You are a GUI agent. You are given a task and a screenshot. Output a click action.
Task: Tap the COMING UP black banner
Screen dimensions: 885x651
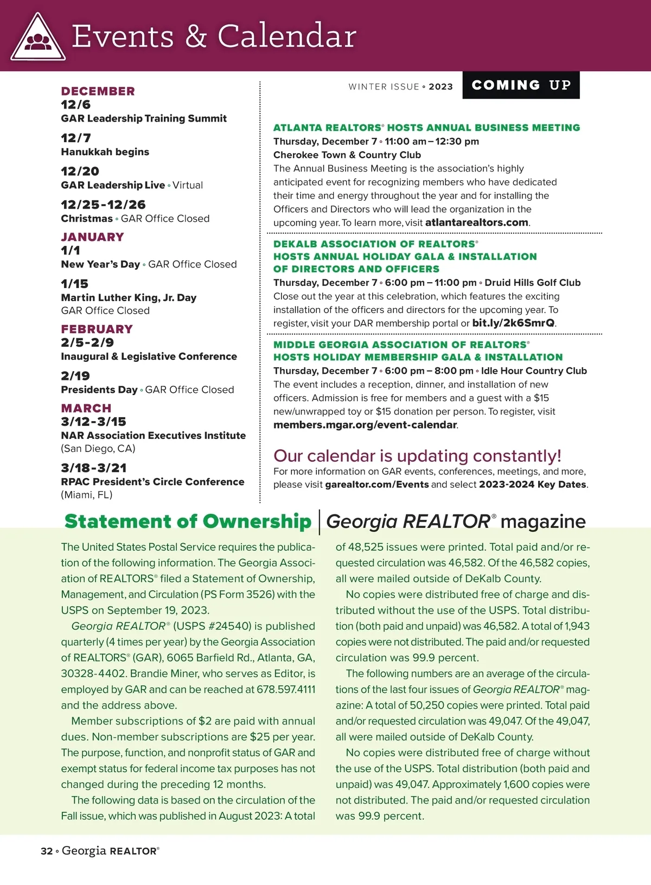point(521,85)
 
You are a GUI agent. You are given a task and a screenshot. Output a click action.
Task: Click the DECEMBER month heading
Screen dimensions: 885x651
point(98,91)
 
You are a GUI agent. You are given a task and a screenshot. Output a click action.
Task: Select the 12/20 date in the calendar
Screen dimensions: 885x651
point(80,171)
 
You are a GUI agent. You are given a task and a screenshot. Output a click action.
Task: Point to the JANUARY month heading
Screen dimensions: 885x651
point(92,237)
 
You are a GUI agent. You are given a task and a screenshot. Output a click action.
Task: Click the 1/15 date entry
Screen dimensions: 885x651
point(74,284)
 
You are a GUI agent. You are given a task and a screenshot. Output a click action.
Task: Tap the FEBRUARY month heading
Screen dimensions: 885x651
point(97,329)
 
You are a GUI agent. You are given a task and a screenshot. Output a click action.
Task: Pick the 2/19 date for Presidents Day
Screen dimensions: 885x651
point(75,376)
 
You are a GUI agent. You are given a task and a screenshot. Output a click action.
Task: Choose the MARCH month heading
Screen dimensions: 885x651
point(86,408)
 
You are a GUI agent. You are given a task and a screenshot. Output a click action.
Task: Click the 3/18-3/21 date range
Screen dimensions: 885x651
point(94,468)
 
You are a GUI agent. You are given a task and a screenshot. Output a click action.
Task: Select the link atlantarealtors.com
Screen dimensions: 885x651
point(476,222)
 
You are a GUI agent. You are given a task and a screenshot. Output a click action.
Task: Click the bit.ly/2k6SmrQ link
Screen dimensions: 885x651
point(513,323)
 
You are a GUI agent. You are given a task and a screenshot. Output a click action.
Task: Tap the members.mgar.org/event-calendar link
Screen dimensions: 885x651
point(365,425)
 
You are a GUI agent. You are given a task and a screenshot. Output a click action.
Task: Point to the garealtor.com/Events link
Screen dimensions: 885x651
point(376,485)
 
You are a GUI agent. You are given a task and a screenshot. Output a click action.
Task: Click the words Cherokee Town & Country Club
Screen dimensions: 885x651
point(347,155)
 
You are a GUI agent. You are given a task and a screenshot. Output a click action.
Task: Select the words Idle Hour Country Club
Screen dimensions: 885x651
point(534,371)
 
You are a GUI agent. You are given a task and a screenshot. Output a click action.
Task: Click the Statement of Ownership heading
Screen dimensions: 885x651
point(188,521)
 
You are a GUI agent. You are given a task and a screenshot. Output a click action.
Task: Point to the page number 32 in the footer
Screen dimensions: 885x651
point(46,851)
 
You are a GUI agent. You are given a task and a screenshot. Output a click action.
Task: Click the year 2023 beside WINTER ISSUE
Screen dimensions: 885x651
point(441,87)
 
